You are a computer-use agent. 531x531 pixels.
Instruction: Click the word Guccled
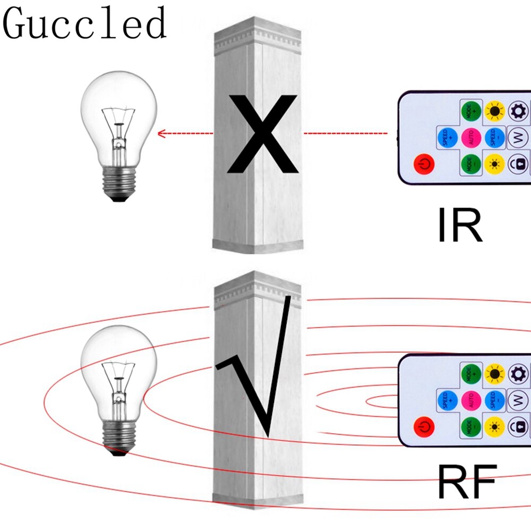coord(85,24)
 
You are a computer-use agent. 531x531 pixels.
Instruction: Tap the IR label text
coord(460,226)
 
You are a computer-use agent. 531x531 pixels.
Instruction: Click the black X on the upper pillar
coord(261,134)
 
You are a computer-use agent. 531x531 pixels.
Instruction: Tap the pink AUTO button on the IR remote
coord(471,138)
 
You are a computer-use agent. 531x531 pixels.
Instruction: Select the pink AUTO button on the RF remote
coord(471,399)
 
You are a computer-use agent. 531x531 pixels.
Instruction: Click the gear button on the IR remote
coord(518,112)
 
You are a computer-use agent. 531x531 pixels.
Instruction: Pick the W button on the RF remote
coord(518,399)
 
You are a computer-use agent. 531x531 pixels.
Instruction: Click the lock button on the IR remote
coord(518,163)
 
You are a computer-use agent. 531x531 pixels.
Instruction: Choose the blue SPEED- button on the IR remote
coord(495,138)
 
